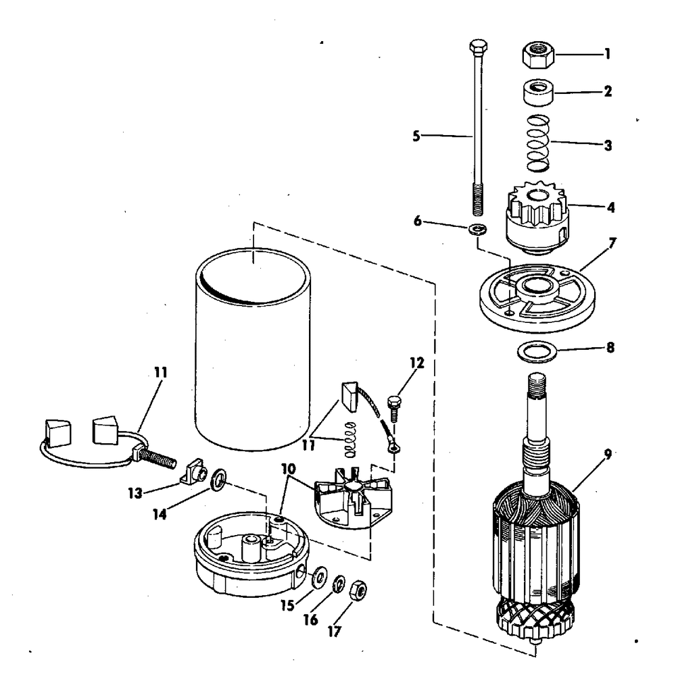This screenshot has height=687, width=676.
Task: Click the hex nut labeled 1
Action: click(x=539, y=54)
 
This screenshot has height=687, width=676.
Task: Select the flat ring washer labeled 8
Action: click(x=535, y=351)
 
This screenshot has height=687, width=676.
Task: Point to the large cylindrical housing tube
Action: click(x=253, y=351)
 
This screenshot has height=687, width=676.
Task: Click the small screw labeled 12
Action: click(x=392, y=409)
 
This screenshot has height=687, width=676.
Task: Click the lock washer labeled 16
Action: click(x=339, y=583)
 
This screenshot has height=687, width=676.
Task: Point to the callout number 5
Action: click(x=417, y=136)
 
